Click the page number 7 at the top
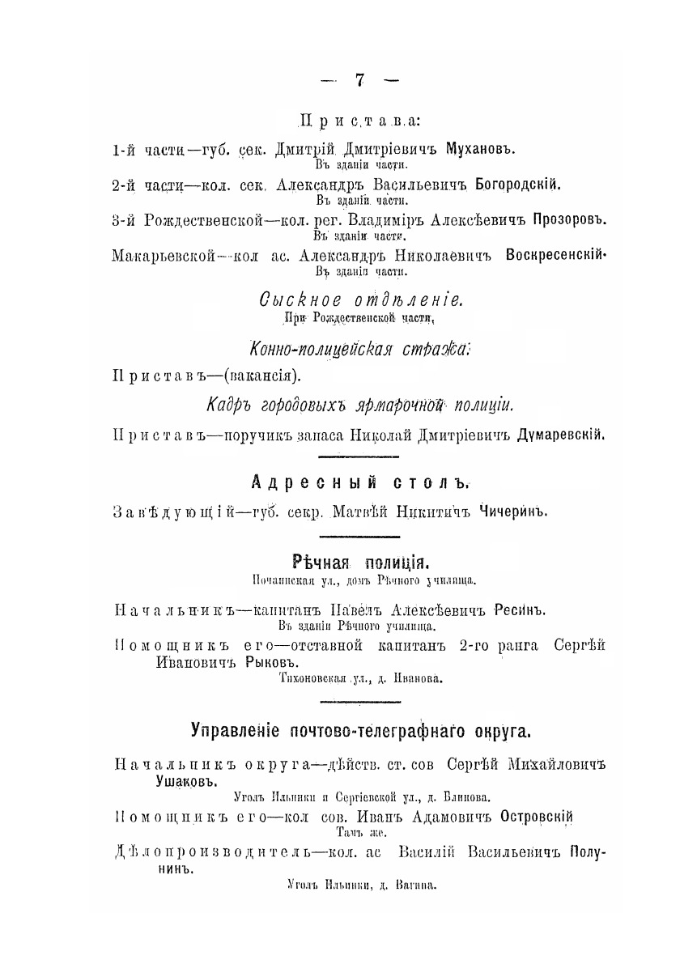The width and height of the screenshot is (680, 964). [x=359, y=79]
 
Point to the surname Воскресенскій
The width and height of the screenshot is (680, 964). [x=556, y=256]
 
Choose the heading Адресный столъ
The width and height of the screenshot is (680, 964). [x=360, y=484]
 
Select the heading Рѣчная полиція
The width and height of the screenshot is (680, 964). [x=359, y=562]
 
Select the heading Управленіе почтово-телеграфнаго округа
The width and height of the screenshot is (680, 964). [x=360, y=733]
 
